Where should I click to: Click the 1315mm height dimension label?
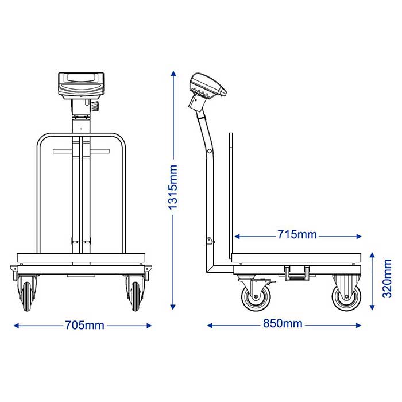click(x=173, y=187)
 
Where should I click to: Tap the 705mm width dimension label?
click(x=84, y=326)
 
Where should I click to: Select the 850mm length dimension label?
click(x=283, y=323)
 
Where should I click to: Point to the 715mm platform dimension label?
click(x=297, y=234)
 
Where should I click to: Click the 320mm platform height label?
click(x=387, y=279)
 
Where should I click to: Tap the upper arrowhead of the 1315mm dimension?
click(x=173, y=74)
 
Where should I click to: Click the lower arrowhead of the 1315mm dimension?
click(x=173, y=307)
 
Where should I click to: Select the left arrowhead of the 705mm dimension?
click(x=17, y=326)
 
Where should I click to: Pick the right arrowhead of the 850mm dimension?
click(x=358, y=326)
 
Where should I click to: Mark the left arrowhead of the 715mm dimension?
click(x=237, y=237)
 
